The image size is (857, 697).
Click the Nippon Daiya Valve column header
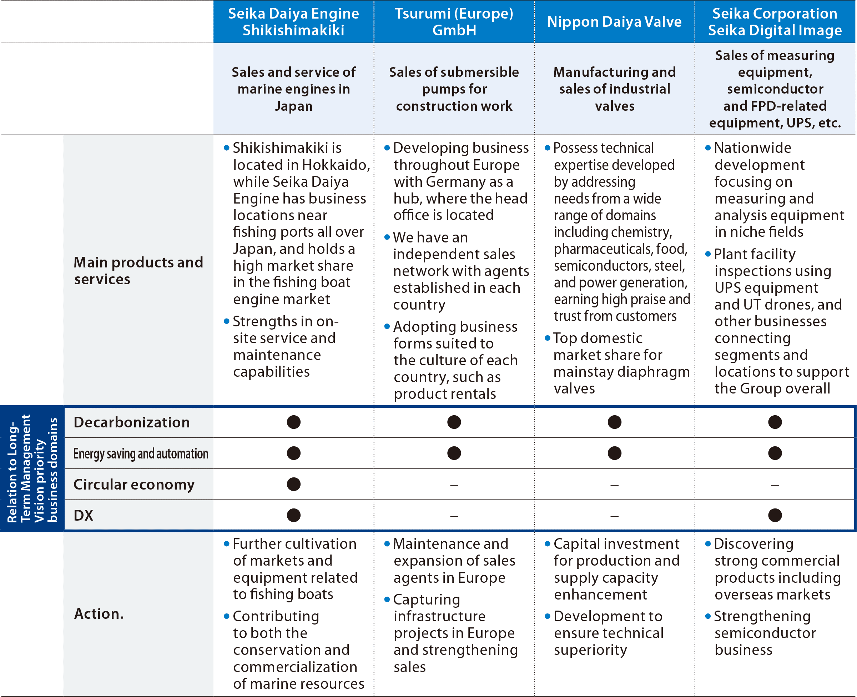pos(614,22)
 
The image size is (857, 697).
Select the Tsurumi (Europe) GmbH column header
pos(454,22)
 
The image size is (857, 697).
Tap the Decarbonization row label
pos(132,422)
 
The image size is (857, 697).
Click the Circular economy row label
pos(134,485)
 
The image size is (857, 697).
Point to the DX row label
pos(84,516)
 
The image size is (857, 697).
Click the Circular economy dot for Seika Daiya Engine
pos(294,484)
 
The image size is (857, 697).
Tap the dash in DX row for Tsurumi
pos(454,516)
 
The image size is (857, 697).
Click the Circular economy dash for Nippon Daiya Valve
pos(614,485)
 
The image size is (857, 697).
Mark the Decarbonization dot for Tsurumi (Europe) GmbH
pos(454,422)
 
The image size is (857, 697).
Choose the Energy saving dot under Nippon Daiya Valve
pos(614,453)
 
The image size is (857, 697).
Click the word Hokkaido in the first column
pos(336,165)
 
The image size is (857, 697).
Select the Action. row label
pos(99,614)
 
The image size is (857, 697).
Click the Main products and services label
pos(138,271)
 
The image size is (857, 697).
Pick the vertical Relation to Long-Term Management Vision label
pos(32,468)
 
